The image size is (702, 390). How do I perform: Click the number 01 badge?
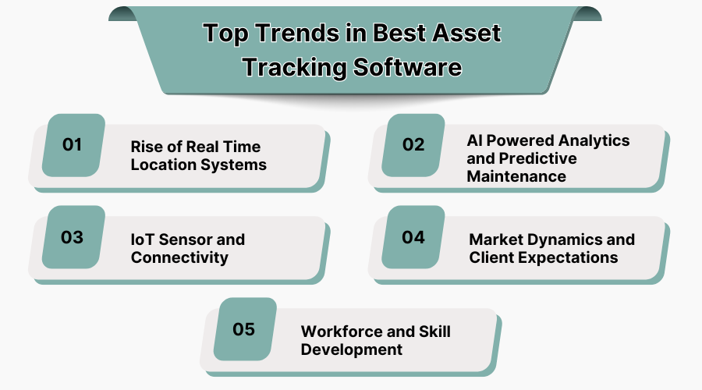pyautogui.click(x=73, y=145)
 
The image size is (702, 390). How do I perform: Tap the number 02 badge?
pyautogui.click(x=413, y=145)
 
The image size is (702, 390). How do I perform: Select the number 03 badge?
pyautogui.click(x=73, y=237)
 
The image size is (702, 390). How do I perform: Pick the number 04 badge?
pyautogui.click(x=413, y=237)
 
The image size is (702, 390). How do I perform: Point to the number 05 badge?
pyautogui.click(x=244, y=329)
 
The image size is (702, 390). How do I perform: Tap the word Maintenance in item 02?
pyautogui.click(x=516, y=176)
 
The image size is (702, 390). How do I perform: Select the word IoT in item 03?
pyautogui.click(x=144, y=239)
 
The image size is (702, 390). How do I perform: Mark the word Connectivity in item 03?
pyautogui.click(x=179, y=257)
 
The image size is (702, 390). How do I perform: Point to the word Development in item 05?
pyautogui.click(x=352, y=349)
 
